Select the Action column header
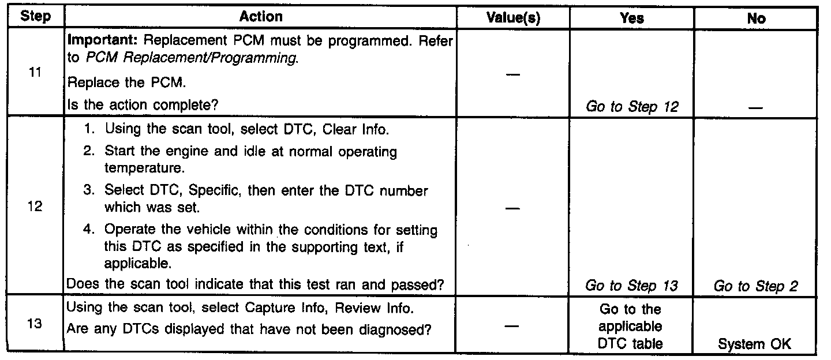(261, 17)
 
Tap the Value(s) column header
(513, 18)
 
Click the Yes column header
(631, 18)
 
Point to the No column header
(755, 18)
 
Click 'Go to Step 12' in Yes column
(631, 106)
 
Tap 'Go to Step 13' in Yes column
(631, 286)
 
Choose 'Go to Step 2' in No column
(755, 286)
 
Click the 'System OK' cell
(755, 344)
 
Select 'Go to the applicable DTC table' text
(631, 327)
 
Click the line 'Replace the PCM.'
(127, 82)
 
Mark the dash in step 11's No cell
(755, 107)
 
